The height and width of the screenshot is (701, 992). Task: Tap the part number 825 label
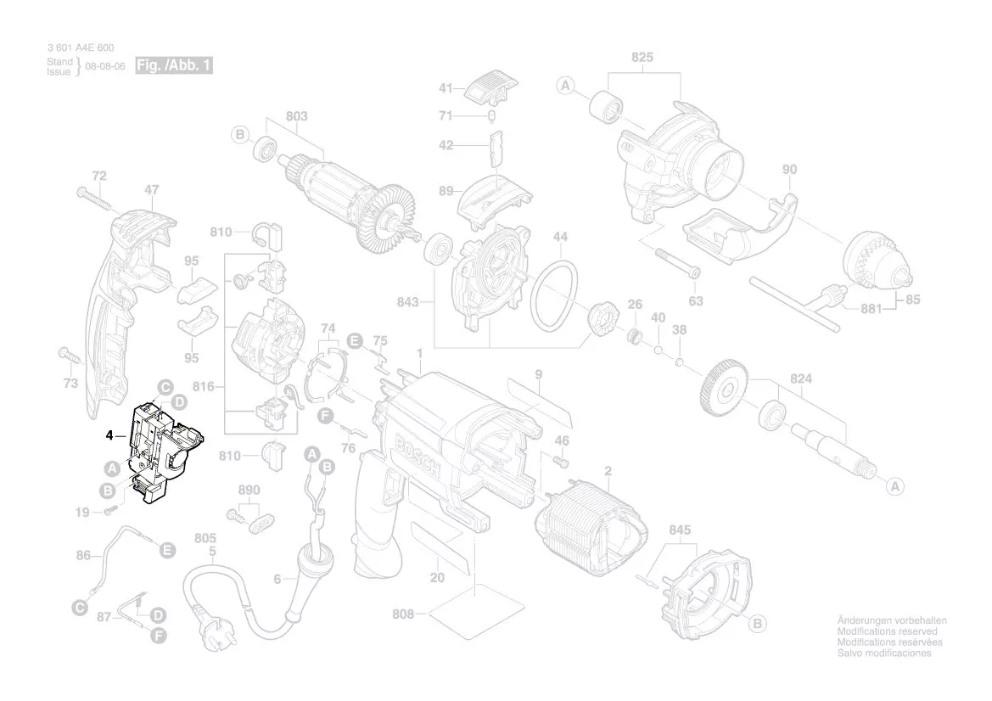pos(642,58)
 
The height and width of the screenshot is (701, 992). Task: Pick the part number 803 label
pos(297,116)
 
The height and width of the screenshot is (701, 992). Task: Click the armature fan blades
pos(395,216)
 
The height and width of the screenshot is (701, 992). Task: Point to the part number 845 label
pos(680,530)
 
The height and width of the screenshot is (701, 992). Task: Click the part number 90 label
pos(789,170)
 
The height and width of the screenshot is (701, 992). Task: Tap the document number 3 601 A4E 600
pos(80,48)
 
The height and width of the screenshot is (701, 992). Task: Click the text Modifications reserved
pos(887,632)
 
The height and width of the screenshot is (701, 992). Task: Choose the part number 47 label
pos(152,190)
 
